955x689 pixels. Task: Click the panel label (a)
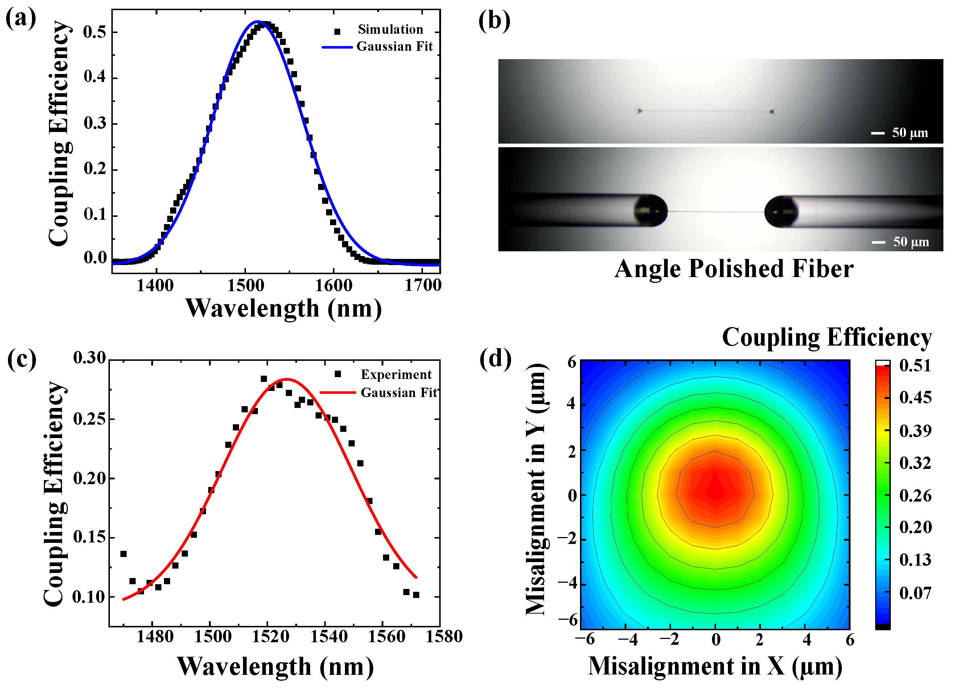click(20, 19)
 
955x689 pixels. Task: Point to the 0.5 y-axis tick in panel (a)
click(94, 32)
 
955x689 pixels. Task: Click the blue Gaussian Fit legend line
click(337, 47)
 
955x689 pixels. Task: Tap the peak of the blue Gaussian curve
click(258, 21)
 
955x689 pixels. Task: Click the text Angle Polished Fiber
click(733, 269)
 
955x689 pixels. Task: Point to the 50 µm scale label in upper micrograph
click(910, 133)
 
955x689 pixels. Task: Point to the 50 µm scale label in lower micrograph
click(911, 242)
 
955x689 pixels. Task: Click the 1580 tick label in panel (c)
click(444, 636)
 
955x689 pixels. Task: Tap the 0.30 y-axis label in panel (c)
click(89, 358)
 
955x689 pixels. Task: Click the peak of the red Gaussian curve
click(286, 379)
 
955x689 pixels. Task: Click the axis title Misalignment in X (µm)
click(715, 666)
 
